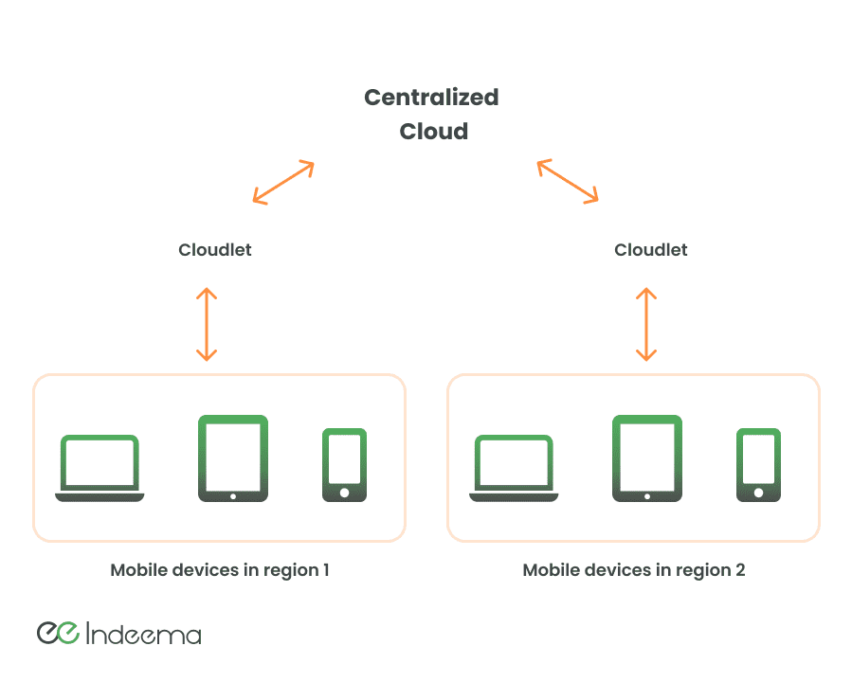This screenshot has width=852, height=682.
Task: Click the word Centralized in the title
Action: point(431,97)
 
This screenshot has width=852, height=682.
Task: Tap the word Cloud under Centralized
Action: point(433,131)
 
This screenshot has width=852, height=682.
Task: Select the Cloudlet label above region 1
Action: point(215,250)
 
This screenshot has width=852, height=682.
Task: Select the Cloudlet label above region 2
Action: point(650,250)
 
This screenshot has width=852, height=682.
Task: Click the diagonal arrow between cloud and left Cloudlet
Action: point(283,182)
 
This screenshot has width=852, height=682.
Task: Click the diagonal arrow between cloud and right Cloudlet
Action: point(568,181)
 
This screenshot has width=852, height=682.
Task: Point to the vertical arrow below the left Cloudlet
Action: point(207,324)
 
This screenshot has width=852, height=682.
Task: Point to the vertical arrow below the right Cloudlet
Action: point(646,324)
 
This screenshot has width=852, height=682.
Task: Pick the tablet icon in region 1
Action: point(233,458)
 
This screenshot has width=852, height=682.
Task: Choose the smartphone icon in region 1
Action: point(344,464)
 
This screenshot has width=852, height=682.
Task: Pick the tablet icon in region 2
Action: point(647,458)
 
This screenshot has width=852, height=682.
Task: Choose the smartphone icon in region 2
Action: point(758,464)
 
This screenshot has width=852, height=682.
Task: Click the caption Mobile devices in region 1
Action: point(219,570)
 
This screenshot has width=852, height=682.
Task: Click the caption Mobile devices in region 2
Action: point(634,570)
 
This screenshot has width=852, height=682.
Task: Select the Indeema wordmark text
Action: point(143,634)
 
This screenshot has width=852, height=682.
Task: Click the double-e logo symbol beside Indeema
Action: point(58,633)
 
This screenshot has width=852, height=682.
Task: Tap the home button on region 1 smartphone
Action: point(344,493)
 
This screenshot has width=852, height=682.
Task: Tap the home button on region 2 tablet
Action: point(647,495)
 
